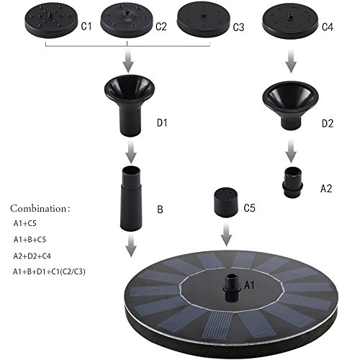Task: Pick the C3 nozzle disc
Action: click(204, 22)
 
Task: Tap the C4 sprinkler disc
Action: click(290, 22)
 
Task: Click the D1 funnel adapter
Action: click(130, 106)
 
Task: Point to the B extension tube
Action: click(131, 199)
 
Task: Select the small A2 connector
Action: click(292, 183)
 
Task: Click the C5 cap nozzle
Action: click(226, 202)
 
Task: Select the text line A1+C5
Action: click(24, 223)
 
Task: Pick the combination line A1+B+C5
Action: click(30, 240)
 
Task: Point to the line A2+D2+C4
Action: click(32, 256)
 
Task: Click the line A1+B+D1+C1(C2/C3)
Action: click(49, 271)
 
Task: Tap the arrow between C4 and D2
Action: click(291, 61)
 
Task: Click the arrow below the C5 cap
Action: click(226, 234)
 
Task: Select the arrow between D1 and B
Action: click(131, 152)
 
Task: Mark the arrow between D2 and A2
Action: click(291, 151)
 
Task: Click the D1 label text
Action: click(162, 122)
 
